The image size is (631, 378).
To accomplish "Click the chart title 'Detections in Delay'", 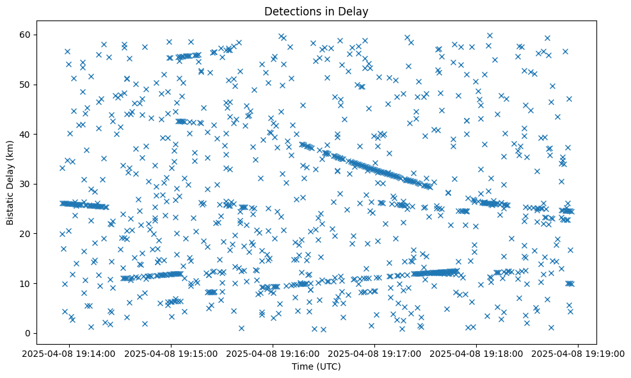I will point(315,11).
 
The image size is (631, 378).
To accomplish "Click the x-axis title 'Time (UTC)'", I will point(315,366).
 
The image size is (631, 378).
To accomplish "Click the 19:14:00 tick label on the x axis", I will point(70,353).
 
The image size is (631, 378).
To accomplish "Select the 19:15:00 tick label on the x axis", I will point(172,353).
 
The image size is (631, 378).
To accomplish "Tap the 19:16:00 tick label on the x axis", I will point(273,353).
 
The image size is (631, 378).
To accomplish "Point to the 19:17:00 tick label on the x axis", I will point(374,353).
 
